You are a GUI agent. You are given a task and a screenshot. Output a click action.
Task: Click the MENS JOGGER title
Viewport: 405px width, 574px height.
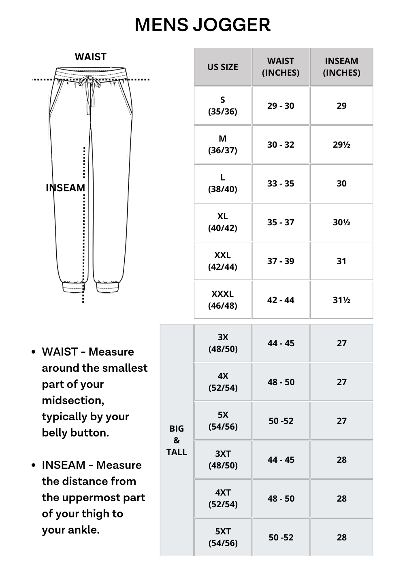point(202,25)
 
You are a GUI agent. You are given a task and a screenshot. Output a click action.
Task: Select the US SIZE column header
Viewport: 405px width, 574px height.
point(222,67)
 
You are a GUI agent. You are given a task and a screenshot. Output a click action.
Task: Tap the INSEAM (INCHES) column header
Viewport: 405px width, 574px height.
point(341,67)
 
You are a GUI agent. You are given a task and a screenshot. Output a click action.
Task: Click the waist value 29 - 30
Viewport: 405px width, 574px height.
point(281,106)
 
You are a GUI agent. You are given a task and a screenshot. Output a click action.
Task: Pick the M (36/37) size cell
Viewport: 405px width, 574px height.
point(222,144)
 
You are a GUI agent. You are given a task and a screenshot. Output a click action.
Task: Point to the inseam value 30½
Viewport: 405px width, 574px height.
point(341,222)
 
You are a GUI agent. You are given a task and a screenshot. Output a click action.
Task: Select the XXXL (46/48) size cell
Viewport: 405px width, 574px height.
point(222,300)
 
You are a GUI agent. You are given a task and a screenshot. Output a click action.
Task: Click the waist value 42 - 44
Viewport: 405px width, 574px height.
point(281,300)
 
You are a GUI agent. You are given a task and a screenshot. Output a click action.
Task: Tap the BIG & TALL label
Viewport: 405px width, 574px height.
point(177,440)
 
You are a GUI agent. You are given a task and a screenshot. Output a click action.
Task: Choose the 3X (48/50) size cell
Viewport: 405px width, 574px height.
point(223,343)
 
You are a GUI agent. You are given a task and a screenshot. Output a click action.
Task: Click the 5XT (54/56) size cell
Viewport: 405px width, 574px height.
point(223,537)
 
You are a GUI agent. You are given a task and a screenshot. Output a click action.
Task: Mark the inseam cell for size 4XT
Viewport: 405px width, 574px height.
point(341,499)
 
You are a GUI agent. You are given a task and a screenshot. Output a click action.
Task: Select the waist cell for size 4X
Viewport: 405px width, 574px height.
point(281,382)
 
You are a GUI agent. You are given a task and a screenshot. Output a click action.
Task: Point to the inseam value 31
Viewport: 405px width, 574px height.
point(341,261)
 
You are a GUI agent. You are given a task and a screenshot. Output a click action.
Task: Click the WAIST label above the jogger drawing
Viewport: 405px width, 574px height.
point(90,57)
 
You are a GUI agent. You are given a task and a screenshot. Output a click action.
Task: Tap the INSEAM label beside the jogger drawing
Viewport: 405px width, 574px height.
point(65,188)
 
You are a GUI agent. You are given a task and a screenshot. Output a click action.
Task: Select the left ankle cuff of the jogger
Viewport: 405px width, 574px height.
point(73,287)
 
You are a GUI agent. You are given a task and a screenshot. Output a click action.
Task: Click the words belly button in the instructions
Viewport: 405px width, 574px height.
point(75,433)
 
